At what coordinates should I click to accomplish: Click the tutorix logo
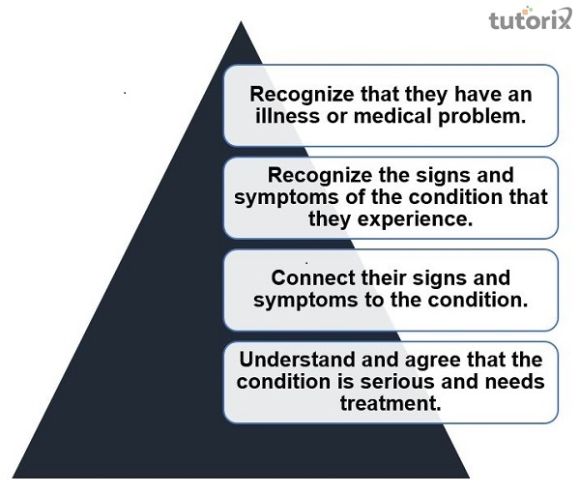coord(530,20)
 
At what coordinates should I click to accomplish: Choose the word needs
coord(511,381)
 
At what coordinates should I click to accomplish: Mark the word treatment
coord(390,402)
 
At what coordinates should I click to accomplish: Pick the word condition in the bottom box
coord(281,381)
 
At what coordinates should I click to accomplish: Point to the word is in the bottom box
coord(342,381)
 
